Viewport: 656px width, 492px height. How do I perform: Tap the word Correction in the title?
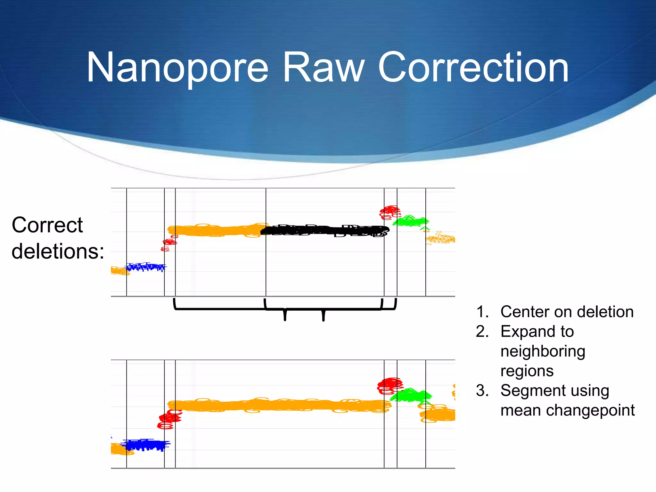point(473,68)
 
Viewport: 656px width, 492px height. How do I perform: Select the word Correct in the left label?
point(47,225)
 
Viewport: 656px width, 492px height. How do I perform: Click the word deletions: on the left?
point(58,251)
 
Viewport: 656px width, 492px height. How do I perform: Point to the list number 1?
point(482,312)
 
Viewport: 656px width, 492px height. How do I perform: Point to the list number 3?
point(482,391)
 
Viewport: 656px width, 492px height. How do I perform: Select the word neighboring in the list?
point(543,351)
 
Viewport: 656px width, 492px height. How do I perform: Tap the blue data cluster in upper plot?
point(146,267)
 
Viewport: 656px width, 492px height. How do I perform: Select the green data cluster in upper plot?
point(410,221)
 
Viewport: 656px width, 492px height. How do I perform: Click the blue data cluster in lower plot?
point(146,445)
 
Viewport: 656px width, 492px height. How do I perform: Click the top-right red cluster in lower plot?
point(389,385)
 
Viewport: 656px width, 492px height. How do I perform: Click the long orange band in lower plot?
point(279,406)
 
